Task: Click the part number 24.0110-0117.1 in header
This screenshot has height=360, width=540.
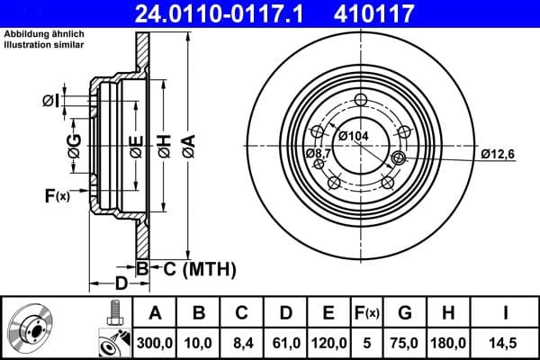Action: pos(232,13)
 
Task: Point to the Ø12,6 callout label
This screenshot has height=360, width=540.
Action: pos(497,154)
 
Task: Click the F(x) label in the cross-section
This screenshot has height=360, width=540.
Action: pos(56,195)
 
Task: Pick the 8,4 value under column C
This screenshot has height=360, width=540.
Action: pos(241,343)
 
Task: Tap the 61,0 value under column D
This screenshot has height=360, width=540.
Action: pos(284,343)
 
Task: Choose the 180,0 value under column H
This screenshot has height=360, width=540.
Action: pos(446,343)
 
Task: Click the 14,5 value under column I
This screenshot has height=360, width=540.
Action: pos(504,343)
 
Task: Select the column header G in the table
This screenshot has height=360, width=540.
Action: pos(404,312)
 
